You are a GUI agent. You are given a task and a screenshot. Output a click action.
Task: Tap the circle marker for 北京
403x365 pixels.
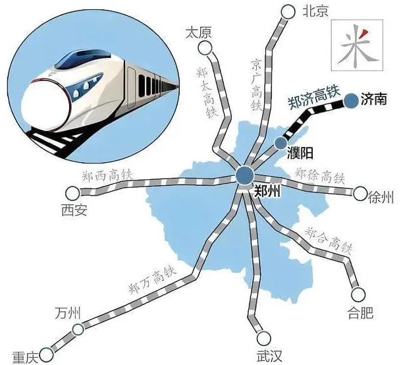click(287, 12)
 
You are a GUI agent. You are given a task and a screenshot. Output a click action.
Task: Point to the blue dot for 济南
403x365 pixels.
click(351, 99)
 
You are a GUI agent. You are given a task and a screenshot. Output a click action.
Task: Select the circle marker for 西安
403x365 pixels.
click(71, 192)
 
